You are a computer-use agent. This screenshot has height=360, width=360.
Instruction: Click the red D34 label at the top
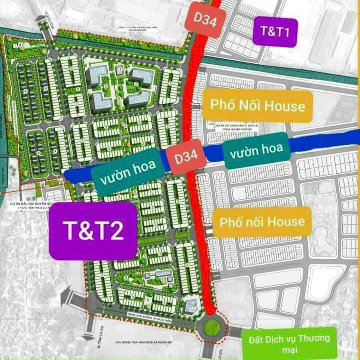205,19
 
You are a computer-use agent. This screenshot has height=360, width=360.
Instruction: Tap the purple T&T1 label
275,31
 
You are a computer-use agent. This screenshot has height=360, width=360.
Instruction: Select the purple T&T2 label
93,231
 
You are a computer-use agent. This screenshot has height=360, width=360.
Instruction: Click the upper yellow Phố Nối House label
257,106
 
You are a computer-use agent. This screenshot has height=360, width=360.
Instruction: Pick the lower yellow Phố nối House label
262,222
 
